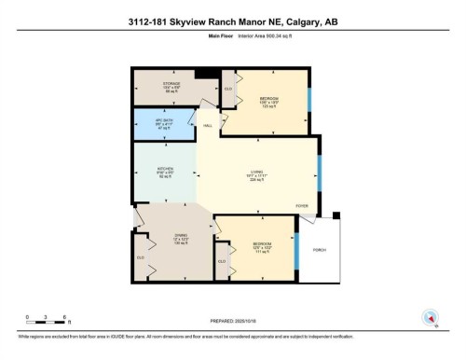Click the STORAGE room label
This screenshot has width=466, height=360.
[x=172, y=84]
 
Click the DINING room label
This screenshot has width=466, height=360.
[x=182, y=234]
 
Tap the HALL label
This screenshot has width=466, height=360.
[x=208, y=124]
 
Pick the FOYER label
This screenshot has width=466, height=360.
[x=301, y=204]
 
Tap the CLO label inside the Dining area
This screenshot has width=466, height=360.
[x=141, y=256]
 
